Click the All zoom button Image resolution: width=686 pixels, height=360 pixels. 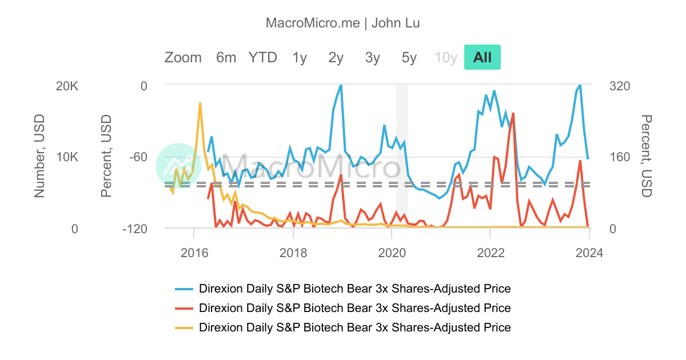(x=482, y=57)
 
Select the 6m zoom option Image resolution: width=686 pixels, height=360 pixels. (x=226, y=57)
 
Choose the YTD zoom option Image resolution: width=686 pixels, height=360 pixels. (x=262, y=57)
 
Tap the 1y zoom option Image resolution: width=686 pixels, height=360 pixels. (x=300, y=57)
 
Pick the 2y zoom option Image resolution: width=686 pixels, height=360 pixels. (x=336, y=57)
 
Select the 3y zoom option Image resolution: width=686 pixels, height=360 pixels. (x=373, y=57)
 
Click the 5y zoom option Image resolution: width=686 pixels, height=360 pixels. (x=409, y=57)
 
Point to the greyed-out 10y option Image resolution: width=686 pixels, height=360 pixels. (x=446, y=57)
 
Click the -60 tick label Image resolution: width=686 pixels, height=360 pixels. (x=136, y=157)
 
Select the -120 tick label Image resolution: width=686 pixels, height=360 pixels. (x=133, y=229)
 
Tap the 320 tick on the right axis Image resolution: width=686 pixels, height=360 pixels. (x=620, y=86)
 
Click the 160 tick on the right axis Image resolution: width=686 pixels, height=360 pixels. (x=620, y=157)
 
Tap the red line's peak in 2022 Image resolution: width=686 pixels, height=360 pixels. (x=513, y=113)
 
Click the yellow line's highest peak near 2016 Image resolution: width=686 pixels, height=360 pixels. (x=200, y=103)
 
